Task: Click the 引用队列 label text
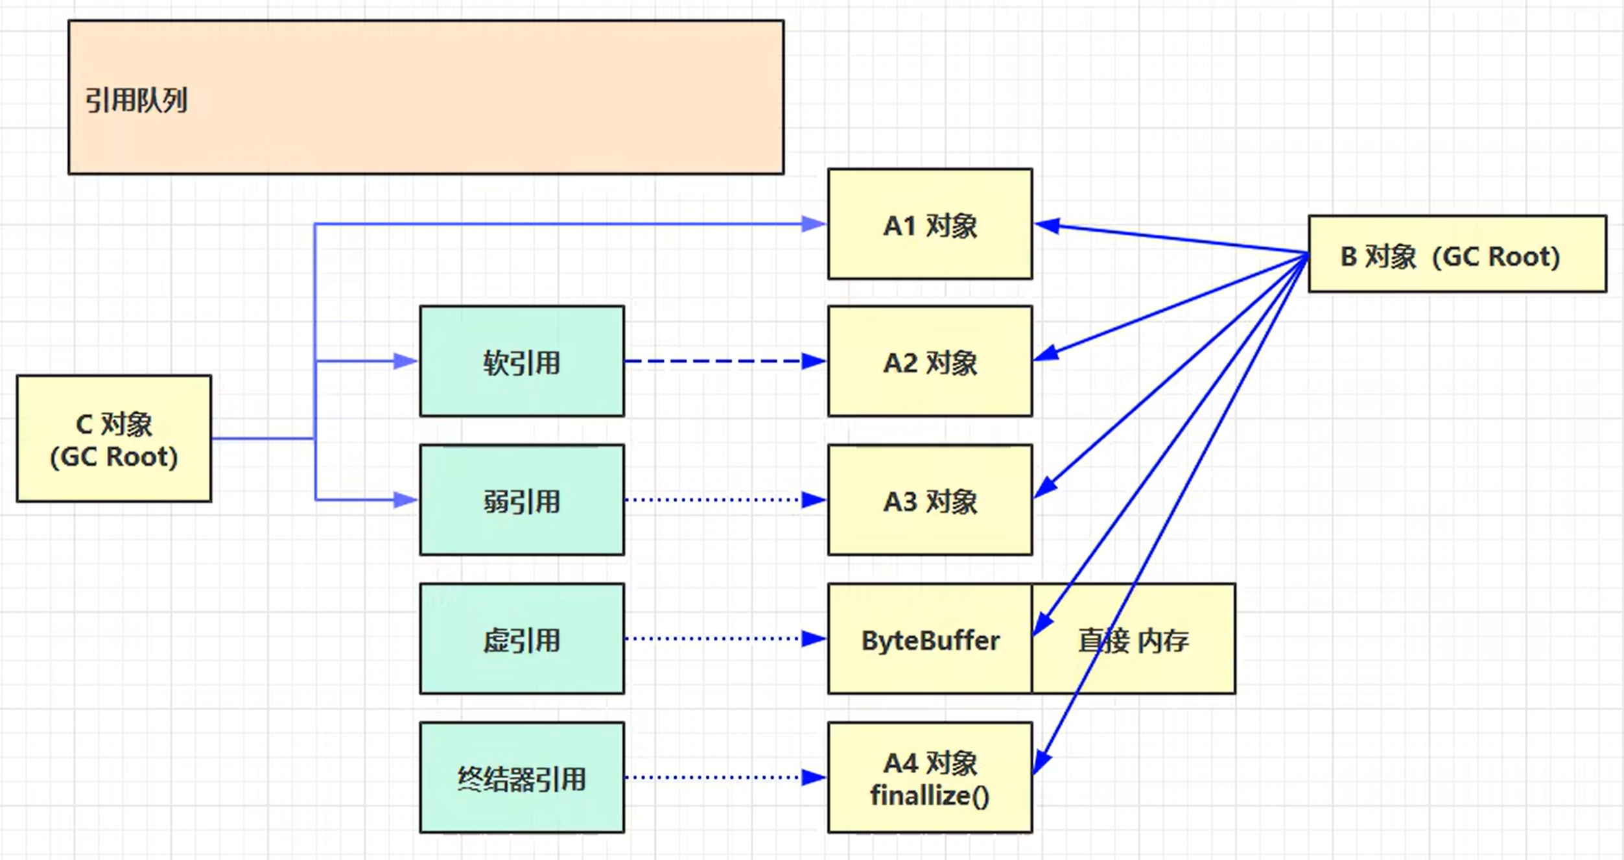[x=136, y=101]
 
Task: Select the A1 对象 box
[x=930, y=224]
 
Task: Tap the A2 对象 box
[x=930, y=361]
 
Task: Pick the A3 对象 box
[x=930, y=500]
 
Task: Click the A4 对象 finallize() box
[x=930, y=778]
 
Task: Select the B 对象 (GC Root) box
[x=1457, y=254]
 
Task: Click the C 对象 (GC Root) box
[x=114, y=438]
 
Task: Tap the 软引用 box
[x=522, y=361]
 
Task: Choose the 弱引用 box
[x=522, y=500]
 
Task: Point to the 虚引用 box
[x=522, y=639]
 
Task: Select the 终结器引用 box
[x=522, y=778]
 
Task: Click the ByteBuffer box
[x=930, y=639]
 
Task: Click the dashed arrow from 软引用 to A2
[x=713, y=361]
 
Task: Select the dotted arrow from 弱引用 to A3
[x=713, y=500]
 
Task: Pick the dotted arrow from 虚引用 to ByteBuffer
[x=713, y=639]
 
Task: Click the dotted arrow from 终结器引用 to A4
[x=713, y=777]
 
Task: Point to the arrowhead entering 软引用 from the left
[x=406, y=361]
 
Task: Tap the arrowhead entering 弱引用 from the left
[x=406, y=500]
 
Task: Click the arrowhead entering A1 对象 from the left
[x=814, y=224]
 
